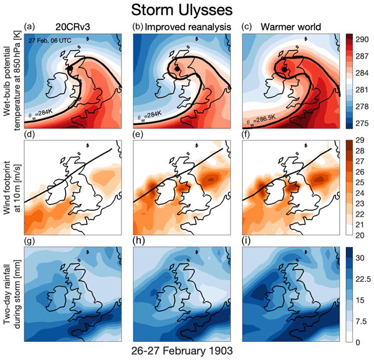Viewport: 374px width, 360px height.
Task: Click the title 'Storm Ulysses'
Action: point(186,10)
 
